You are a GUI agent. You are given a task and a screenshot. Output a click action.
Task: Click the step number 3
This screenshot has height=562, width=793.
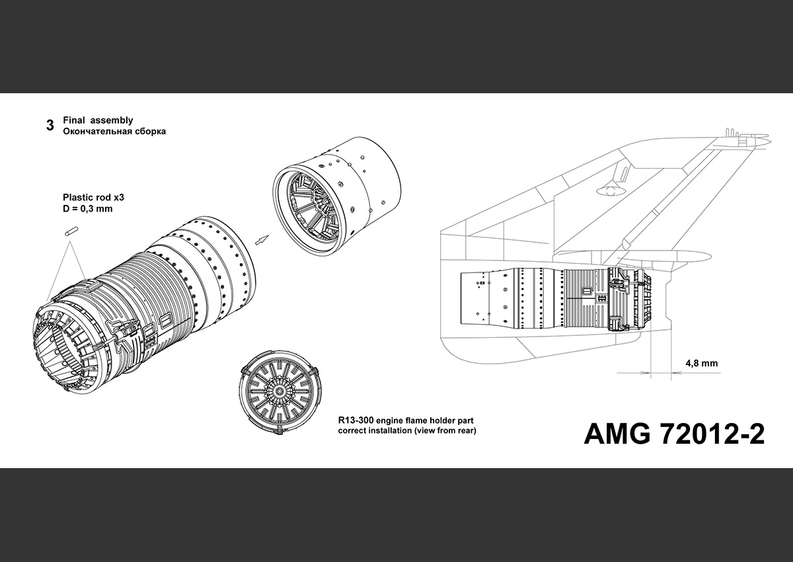[x=50, y=126]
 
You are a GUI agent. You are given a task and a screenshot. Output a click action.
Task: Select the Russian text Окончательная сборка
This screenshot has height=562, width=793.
[x=114, y=132]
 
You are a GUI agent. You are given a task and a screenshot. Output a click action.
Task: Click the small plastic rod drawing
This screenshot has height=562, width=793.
[x=71, y=232]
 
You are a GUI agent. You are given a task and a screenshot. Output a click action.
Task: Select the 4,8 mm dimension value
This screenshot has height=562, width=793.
[x=701, y=364]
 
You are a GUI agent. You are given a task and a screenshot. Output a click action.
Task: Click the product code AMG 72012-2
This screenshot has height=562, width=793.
[x=674, y=434]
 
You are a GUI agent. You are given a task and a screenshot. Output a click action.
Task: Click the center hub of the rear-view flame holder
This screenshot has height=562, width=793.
[x=282, y=392]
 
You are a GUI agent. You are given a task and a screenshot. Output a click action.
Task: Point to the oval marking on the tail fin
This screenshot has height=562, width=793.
[x=604, y=191]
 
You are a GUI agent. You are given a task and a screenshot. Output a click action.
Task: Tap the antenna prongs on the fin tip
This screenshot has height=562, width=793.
[x=734, y=133]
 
